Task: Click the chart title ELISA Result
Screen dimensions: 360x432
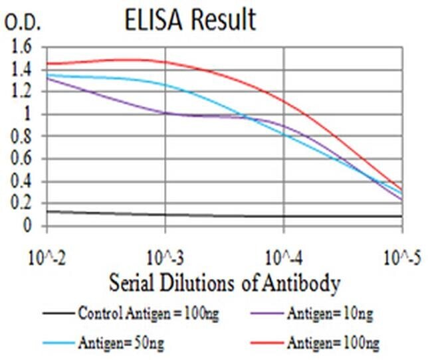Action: tap(190, 20)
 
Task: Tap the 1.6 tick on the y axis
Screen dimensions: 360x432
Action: tap(21, 47)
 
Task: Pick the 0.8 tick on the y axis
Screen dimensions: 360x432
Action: tap(21, 137)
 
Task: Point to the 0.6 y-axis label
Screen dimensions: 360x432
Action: tap(21, 159)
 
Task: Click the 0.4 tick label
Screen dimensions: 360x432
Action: tap(21, 182)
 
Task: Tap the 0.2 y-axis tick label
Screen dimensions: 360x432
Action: tap(21, 204)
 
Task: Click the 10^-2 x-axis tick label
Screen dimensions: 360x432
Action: tap(47, 256)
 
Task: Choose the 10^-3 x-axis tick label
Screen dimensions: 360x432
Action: tap(164, 256)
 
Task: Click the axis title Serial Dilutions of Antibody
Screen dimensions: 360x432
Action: tap(224, 284)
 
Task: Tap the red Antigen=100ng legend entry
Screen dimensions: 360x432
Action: tap(326, 343)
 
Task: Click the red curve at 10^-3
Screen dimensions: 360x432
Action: tap(165, 62)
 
